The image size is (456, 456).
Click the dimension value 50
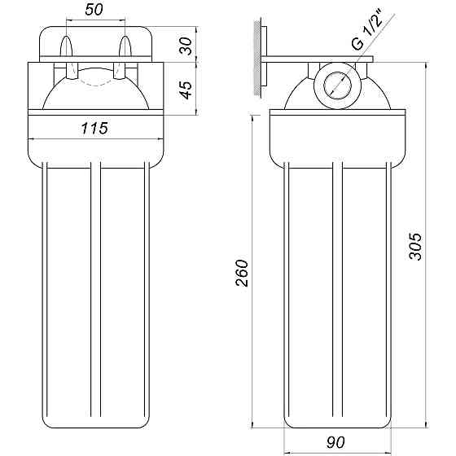tap(95, 9)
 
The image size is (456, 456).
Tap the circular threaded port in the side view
tap(335, 84)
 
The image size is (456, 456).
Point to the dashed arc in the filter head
tap(96, 81)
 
